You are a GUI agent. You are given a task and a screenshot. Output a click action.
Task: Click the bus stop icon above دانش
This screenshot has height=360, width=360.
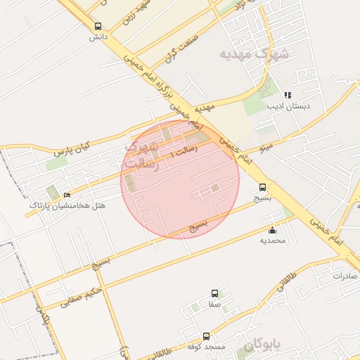pyautogui.click(x=98, y=25)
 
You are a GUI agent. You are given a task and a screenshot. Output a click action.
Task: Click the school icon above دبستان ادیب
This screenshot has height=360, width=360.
pyautogui.click(x=287, y=95)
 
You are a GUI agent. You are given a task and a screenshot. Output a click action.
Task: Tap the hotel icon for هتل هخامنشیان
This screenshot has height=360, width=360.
pyautogui.click(x=67, y=195)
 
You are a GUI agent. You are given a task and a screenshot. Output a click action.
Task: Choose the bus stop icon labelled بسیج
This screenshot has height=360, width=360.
pyautogui.click(x=263, y=187)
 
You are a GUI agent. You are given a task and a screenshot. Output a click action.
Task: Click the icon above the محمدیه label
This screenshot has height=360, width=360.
pyautogui.click(x=273, y=230)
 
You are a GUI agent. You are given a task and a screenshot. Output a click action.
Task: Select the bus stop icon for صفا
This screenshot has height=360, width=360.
pyautogui.click(x=214, y=293)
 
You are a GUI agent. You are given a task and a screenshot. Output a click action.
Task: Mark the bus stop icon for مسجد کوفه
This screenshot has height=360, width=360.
pyautogui.click(x=206, y=336)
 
